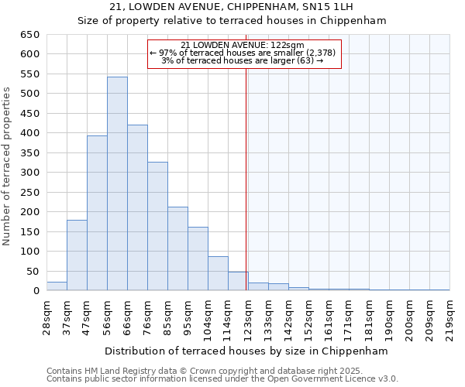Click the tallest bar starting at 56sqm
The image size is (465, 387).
(x=117, y=184)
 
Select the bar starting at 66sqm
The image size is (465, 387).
(x=137, y=207)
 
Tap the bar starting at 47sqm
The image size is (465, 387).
(x=97, y=214)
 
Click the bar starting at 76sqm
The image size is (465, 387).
(x=157, y=226)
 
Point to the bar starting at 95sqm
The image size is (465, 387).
(x=198, y=259)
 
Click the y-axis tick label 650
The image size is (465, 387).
(x=29, y=35)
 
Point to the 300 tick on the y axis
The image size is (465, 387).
(x=29, y=173)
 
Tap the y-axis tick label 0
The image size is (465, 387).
(x=36, y=291)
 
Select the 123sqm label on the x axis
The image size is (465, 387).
(x=248, y=317)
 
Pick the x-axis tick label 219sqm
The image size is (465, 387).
(x=449, y=317)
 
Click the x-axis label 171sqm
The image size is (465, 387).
(x=349, y=317)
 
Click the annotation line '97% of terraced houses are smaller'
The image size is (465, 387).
(x=243, y=53)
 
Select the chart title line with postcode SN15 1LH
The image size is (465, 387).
(x=232, y=7)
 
